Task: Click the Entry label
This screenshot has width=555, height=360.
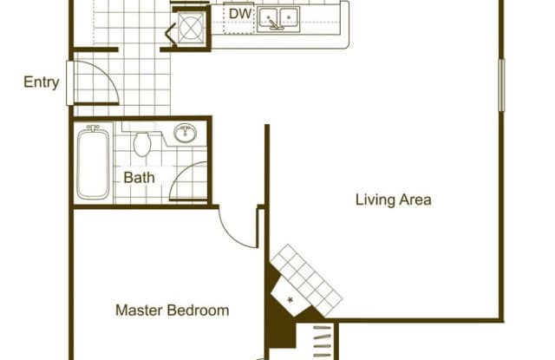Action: pyautogui.click(x=41, y=82)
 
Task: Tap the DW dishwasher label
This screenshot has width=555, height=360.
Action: pyautogui.click(x=240, y=14)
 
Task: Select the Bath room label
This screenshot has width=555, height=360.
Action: pyautogui.click(x=139, y=177)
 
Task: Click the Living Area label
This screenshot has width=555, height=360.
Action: pyautogui.click(x=393, y=200)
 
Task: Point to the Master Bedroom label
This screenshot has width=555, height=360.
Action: pyautogui.click(x=173, y=311)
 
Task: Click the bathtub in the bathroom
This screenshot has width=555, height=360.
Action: pyautogui.click(x=93, y=163)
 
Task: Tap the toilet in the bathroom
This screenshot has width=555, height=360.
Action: pyautogui.click(x=142, y=144)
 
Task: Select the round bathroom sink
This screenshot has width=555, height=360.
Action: pyautogui.click(x=185, y=133)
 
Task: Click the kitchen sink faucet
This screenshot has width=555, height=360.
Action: pyautogui.click(x=273, y=24)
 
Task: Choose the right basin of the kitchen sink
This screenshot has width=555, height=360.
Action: pyautogui.click(x=289, y=16)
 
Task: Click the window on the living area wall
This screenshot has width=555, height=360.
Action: pyautogui.click(x=501, y=85)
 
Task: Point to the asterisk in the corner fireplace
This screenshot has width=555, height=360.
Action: pyautogui.click(x=291, y=300)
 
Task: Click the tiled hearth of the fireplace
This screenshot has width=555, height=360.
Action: pyautogui.click(x=306, y=280)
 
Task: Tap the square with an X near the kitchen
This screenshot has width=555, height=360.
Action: pyautogui.click(x=191, y=27)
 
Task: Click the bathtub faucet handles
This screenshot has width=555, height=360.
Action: pyautogui.click(x=93, y=128)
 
